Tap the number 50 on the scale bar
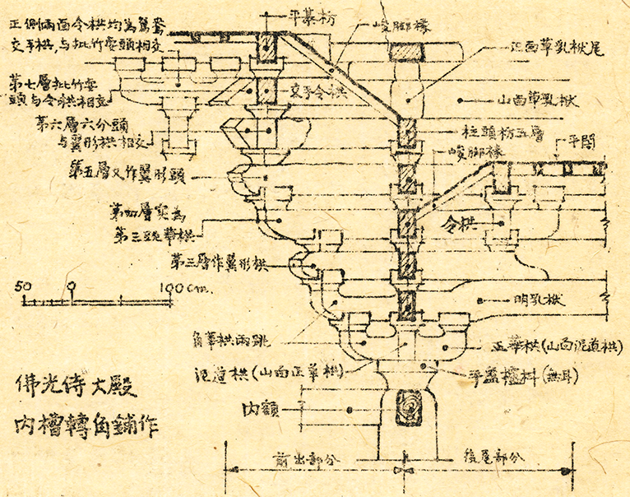coord(22,286)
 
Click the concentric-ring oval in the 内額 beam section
coord(409,407)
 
